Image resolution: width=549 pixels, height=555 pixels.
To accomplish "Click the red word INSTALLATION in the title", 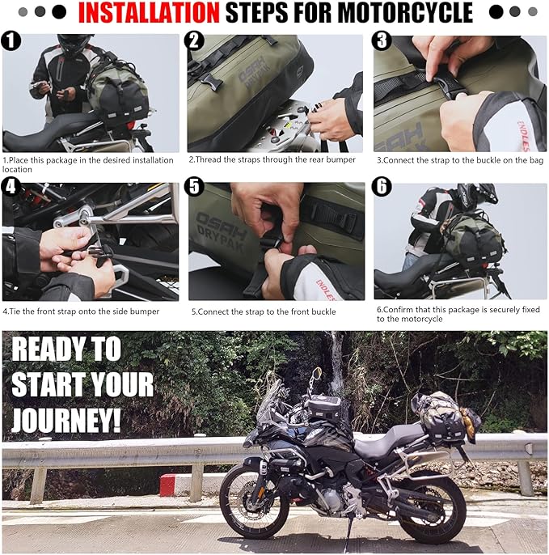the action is point(149,13).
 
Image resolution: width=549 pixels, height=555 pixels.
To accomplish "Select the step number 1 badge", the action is point(11,40).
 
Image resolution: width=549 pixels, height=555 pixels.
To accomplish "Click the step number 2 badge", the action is point(194,40).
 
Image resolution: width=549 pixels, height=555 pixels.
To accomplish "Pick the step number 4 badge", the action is point(11,187).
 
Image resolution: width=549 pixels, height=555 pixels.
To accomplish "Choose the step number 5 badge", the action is point(194,187).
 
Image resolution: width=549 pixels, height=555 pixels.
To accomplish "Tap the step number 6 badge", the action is point(382,187).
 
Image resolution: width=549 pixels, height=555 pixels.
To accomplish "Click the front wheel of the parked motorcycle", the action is point(255,503).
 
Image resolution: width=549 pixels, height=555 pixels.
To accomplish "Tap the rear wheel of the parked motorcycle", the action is point(431,507).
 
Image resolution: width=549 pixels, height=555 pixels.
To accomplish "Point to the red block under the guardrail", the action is point(167,485).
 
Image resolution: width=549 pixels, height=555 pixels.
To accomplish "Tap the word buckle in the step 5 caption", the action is point(323,311).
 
